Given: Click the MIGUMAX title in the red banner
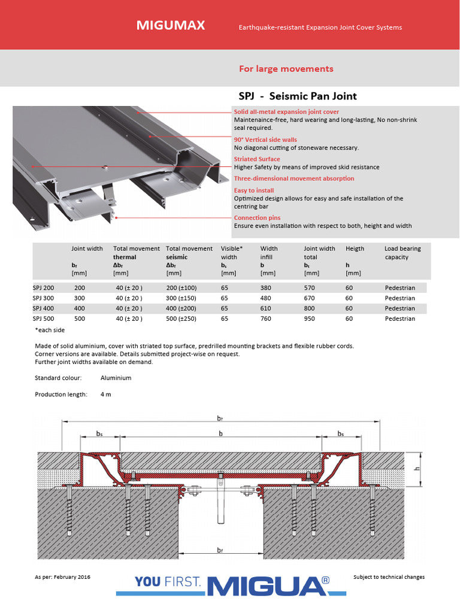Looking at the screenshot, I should point(171,25).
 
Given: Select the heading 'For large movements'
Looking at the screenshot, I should point(286,69).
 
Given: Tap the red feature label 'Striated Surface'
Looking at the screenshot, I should point(256,159).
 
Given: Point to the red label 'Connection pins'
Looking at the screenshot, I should point(257,218).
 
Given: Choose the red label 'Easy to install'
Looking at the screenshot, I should point(253,190).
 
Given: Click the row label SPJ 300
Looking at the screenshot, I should point(44,298).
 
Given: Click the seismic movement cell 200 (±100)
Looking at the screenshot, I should point(181,288).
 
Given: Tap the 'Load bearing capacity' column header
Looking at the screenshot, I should point(402,253).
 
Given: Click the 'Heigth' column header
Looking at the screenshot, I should point(355,248).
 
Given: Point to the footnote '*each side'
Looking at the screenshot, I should point(50,330).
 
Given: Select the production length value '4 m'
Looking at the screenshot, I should point(106,394).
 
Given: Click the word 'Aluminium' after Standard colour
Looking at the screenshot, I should point(116,378).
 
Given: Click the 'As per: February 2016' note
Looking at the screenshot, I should point(62,577).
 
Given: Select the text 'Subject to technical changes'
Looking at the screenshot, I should point(389,577).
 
